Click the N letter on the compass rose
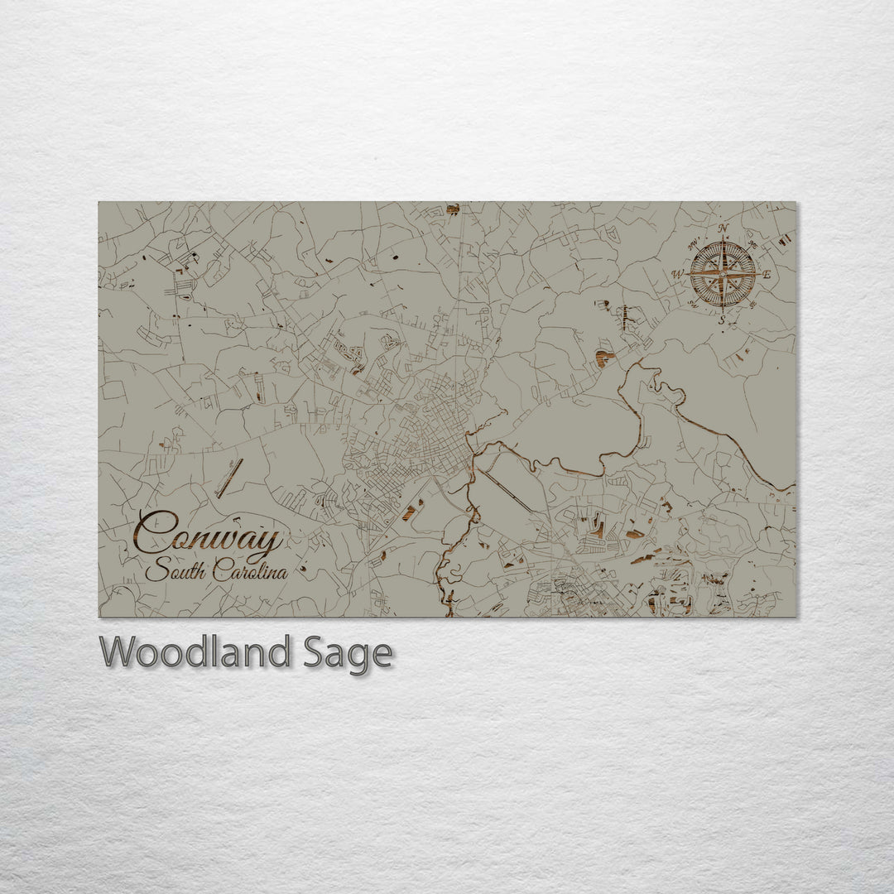click(723, 228)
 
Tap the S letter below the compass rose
click(722, 320)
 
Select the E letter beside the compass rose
click(767, 274)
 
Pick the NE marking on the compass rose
click(753, 243)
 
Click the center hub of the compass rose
click(723, 274)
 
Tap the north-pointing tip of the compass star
click(723, 241)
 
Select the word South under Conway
click(175, 571)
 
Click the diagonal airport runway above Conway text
click(229, 478)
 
